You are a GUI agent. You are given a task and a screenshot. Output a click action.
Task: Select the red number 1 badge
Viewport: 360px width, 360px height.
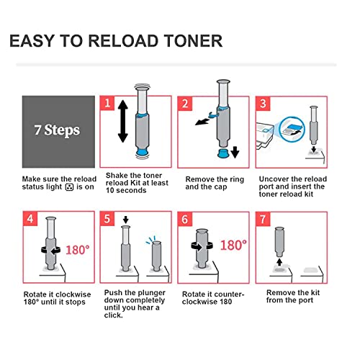point(107,104)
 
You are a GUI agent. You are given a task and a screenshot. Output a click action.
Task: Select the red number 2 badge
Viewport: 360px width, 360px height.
point(184,104)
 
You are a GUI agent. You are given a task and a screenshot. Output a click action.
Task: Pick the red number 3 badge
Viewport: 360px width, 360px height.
point(262,104)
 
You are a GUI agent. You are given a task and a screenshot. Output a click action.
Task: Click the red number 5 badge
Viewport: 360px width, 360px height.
point(107,220)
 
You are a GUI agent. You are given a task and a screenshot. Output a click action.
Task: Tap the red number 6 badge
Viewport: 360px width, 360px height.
point(184,220)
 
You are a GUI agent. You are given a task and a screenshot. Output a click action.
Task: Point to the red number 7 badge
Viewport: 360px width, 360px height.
point(262,220)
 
